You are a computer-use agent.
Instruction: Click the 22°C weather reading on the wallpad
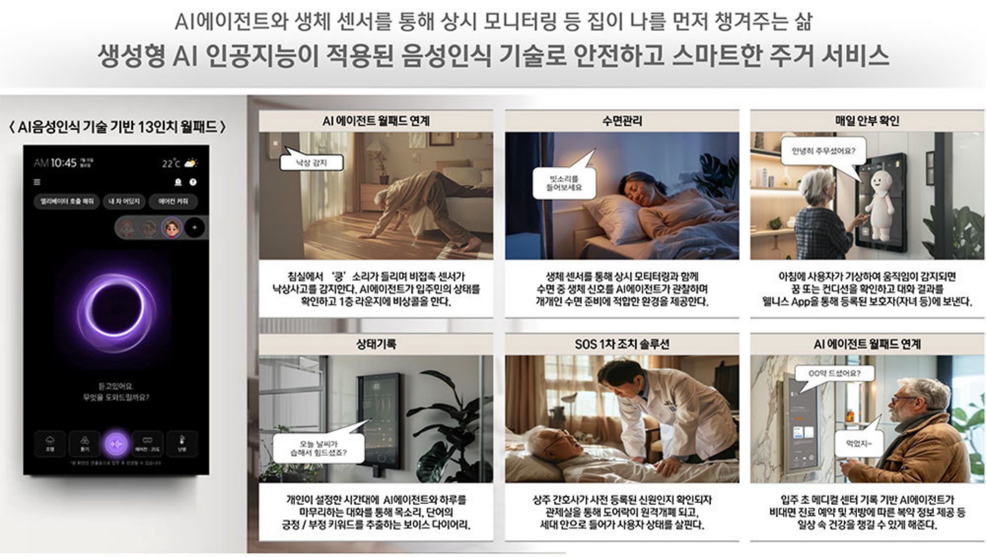click(171, 164)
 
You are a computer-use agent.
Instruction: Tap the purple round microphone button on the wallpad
click(116, 444)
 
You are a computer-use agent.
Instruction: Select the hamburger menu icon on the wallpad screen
click(37, 182)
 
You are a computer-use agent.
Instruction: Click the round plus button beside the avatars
click(194, 228)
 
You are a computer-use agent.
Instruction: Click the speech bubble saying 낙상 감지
click(311, 163)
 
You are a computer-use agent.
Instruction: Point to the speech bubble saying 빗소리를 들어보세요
click(564, 183)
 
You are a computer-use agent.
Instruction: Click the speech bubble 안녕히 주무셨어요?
click(823, 151)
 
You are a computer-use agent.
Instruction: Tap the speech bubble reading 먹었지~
click(859, 443)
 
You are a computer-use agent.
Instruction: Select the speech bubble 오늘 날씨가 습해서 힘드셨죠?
click(318, 448)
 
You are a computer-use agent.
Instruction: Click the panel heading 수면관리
click(622, 121)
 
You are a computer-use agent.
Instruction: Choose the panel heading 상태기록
click(376, 344)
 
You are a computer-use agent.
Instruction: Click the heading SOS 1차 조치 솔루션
click(622, 344)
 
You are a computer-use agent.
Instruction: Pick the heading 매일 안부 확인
click(867, 121)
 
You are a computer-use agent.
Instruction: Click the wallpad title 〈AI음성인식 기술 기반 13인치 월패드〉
click(118, 127)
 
